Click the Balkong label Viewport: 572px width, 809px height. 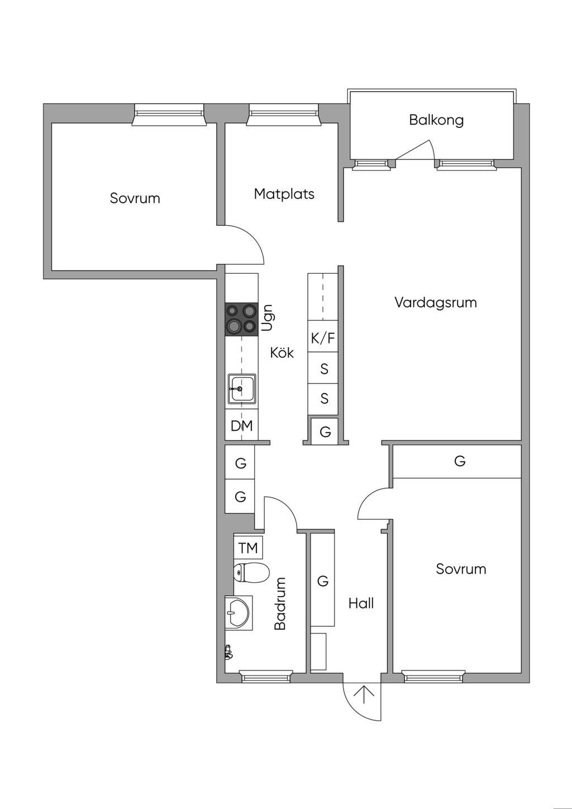pyautogui.click(x=436, y=120)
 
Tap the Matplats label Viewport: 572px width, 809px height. pyautogui.click(x=284, y=194)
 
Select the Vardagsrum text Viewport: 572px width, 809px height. pyautogui.click(x=436, y=303)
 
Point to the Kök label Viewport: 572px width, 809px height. pyautogui.click(x=282, y=353)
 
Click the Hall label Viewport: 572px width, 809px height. pyautogui.click(x=361, y=603)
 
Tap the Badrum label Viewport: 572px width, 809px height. pyautogui.click(x=280, y=604)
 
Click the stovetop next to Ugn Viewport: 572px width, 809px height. pyautogui.click(x=241, y=319)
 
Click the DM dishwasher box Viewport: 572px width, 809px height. pyautogui.click(x=242, y=426)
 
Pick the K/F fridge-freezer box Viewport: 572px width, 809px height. pyautogui.click(x=323, y=337)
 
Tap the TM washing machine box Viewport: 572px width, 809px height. pyautogui.click(x=248, y=548)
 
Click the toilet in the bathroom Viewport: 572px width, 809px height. pyautogui.click(x=251, y=572)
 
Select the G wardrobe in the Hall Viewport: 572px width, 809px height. pyautogui.click(x=322, y=581)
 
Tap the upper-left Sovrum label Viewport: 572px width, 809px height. pyautogui.click(x=135, y=198)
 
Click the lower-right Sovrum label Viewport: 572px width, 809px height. pyautogui.click(x=461, y=569)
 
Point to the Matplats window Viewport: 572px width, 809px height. pyautogui.click(x=283, y=115)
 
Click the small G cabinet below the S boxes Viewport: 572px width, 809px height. pyautogui.click(x=325, y=432)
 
